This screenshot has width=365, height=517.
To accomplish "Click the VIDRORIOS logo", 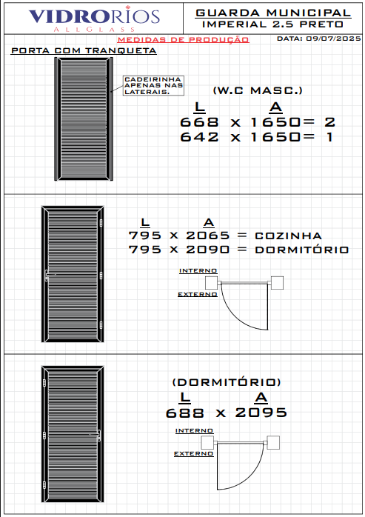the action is pos(94,19).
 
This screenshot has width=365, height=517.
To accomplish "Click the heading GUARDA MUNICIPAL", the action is pos(273,13).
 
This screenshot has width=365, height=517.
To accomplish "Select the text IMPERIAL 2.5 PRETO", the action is pos(272,24).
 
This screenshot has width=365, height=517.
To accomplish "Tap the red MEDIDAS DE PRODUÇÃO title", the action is pos(183,39).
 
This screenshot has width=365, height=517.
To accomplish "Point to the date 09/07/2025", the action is pos(333,39).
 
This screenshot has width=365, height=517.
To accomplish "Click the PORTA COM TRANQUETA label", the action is pos(84,50).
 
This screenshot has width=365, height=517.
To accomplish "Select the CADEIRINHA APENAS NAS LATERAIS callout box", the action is pos(153,85).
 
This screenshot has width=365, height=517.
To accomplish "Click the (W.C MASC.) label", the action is pos(258,90).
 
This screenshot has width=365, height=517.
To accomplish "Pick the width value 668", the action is pos(199,122).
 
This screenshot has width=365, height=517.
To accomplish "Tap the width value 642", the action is pos(199,137).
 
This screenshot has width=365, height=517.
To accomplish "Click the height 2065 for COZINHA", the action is pos(208,236).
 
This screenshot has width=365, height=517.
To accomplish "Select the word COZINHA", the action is pos(288,236).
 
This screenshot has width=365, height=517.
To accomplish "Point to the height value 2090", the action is pos(208,250).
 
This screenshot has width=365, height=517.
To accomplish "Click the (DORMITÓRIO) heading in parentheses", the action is pos(227,382).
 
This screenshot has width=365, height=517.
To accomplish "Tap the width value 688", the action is pos(184,413).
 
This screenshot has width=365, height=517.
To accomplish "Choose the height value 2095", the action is pos(261,413).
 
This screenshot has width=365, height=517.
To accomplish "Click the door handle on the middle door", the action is pos(47,275).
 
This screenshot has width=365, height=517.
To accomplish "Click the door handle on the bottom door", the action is pos(98,436).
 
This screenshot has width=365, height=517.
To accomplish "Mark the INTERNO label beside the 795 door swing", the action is pos(198,270).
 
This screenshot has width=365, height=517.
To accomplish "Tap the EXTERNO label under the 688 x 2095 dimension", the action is pos(193,454).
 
